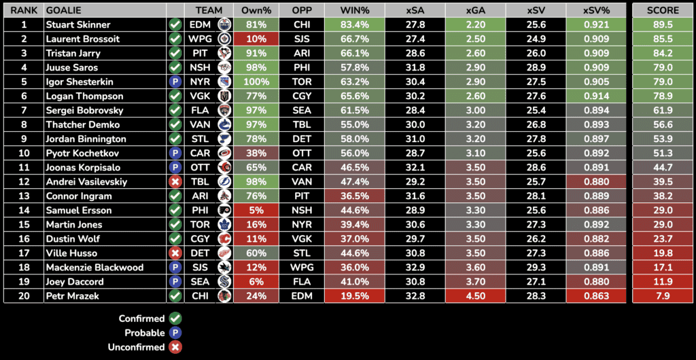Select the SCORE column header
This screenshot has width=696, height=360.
(x=663, y=10)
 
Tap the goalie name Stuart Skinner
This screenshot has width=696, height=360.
(x=77, y=24)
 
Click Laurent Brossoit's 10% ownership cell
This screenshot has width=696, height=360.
(x=256, y=39)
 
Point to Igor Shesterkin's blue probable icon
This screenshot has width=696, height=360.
(x=175, y=82)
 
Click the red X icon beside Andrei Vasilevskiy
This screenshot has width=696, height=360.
(x=175, y=181)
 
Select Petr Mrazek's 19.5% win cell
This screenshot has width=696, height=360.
(x=353, y=295)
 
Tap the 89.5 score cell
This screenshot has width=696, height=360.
(x=663, y=24)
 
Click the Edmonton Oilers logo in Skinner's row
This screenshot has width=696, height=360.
(x=224, y=24)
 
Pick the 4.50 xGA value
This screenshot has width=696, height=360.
(x=476, y=295)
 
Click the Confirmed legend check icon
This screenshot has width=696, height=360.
(x=175, y=319)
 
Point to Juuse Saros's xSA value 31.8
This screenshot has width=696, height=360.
(x=415, y=67)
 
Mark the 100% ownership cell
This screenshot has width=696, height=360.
(x=256, y=82)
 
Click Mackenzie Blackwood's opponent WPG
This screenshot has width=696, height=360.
(x=301, y=267)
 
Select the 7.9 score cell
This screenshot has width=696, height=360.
(x=663, y=295)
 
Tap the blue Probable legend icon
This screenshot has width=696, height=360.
(x=175, y=333)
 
